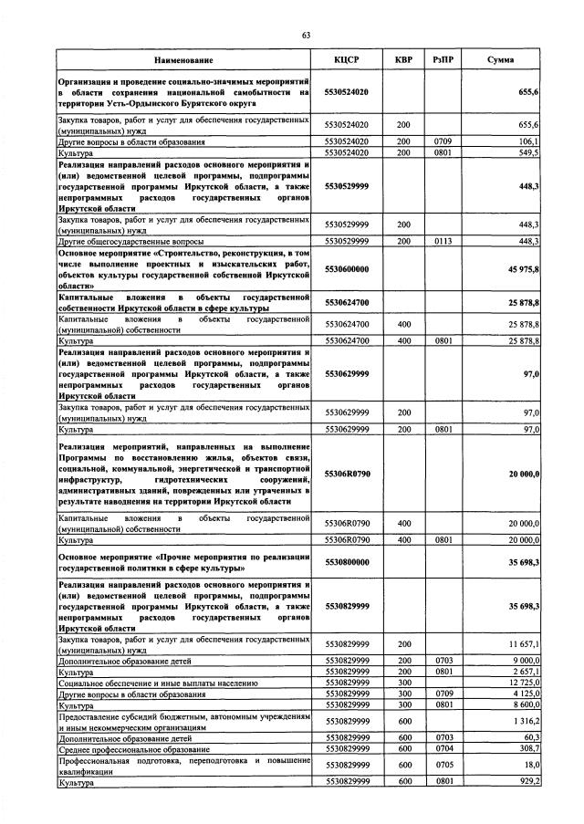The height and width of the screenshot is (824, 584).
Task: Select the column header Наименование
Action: point(183,60)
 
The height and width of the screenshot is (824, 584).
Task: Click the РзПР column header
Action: point(443,60)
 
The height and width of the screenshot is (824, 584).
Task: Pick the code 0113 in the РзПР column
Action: point(443,241)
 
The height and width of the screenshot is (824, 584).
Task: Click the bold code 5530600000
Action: point(347,270)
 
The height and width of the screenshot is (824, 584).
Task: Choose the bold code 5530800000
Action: point(347,563)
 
